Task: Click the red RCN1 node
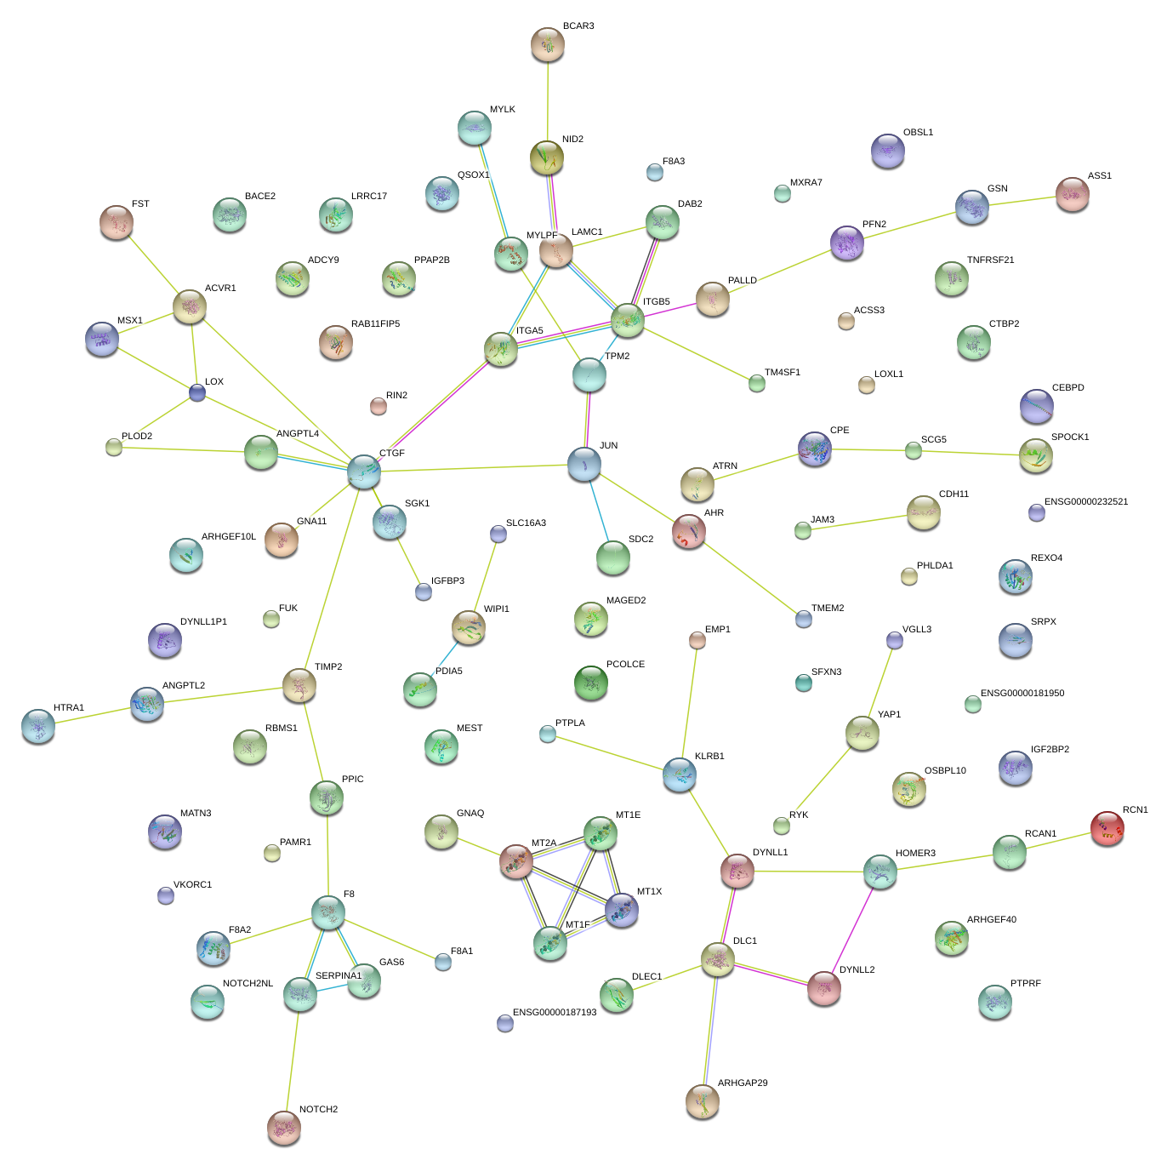(1107, 827)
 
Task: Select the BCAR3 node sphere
(547, 44)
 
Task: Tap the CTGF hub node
(364, 471)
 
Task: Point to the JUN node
(584, 464)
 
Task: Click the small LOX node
(197, 392)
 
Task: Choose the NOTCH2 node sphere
(283, 1127)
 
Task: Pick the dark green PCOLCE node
(591, 683)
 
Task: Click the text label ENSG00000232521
(1086, 501)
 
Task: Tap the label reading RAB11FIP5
(375, 324)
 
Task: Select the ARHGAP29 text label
(743, 1083)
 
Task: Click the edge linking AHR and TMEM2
(747, 576)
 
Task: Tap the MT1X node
(622, 909)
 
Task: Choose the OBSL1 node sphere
(887, 151)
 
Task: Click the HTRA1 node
(38, 725)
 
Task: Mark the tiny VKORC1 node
(166, 895)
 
